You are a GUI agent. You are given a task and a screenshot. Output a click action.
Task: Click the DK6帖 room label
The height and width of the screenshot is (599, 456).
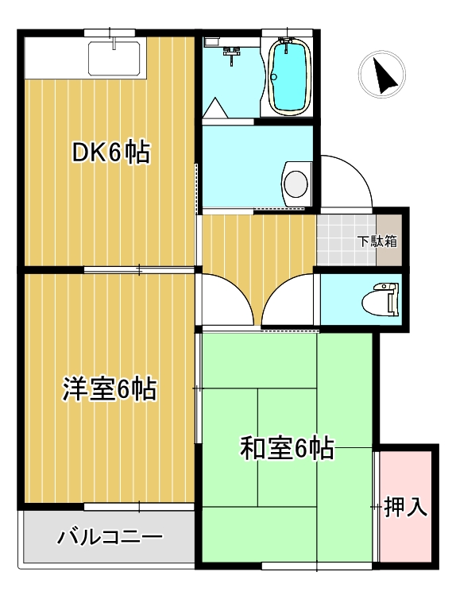pos(110,152)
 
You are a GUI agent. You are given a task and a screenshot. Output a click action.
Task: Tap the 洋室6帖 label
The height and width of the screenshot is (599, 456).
pos(109,389)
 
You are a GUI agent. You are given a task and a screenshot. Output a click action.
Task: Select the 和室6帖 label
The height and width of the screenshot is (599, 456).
pos(286,449)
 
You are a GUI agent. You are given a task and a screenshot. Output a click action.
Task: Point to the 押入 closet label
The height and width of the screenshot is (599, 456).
pos(406,505)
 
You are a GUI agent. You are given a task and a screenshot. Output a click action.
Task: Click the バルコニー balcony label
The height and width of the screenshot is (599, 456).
pos(110,538)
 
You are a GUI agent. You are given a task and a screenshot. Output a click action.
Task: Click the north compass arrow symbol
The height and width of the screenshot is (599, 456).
pos(383,75)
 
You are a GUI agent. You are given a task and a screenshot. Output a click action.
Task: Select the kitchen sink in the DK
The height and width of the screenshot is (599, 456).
pos(114,58)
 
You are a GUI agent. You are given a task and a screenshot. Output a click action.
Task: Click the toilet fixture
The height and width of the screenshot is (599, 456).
pos(378,300)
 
